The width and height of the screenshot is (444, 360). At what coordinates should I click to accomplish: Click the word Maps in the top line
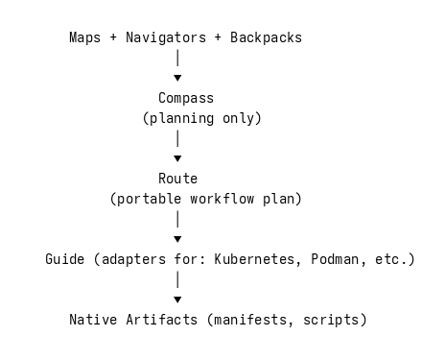[85, 38]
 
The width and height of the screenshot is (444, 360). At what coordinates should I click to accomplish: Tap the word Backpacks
[267, 38]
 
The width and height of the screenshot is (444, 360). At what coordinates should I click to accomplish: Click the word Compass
[186, 98]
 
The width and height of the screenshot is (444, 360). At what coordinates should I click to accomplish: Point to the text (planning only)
[202, 119]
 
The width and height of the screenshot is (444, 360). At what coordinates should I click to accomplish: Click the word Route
[178, 179]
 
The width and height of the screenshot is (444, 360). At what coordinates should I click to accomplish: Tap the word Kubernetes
[254, 259]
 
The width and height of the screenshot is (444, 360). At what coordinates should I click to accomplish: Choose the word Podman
[335, 259]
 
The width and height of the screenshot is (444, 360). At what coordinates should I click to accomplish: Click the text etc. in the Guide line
[391, 259]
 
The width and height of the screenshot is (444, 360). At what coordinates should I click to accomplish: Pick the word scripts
[335, 319]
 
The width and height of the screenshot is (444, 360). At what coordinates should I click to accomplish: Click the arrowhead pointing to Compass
[178, 78]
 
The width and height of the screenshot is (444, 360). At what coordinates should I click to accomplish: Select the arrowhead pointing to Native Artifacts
[178, 300]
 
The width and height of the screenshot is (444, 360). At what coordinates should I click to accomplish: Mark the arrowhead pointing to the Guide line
[178, 239]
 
